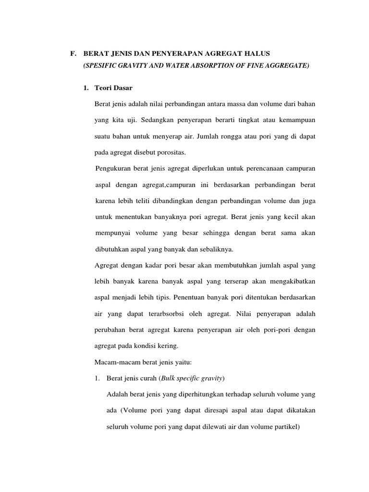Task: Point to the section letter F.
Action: pyautogui.click(x=73, y=53)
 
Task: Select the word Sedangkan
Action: pyautogui.click(x=148, y=119)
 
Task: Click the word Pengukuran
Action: pyautogui.click(x=115, y=169)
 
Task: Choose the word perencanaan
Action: pyautogui.click(x=262, y=169)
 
